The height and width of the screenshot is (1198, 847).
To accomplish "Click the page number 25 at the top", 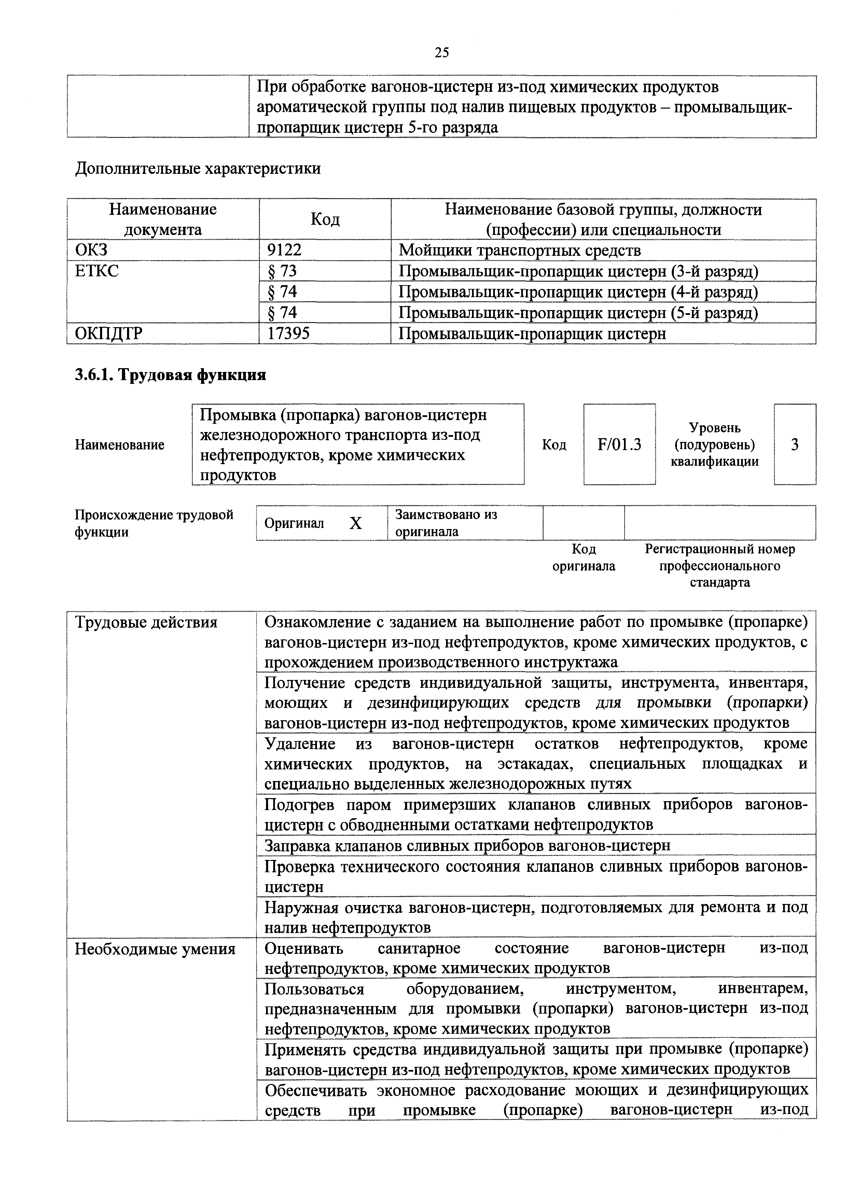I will point(441,52).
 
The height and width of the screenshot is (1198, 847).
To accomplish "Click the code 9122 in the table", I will point(284,250).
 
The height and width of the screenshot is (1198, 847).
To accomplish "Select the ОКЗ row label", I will point(91,250).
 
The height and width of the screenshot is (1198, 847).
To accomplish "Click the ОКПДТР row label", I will point(109,333).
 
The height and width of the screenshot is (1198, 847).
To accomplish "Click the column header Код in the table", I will point(325,219).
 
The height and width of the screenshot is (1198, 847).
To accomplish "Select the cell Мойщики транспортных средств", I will point(519,250).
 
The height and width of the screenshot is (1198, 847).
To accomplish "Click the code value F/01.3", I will point(620,445).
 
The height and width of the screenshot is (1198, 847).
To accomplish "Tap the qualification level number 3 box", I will point(795,445).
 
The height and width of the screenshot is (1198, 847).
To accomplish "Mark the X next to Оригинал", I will point(356,523).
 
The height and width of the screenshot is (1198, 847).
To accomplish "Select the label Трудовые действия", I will point(146,623).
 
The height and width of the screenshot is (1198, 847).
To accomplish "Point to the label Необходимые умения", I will point(155,949).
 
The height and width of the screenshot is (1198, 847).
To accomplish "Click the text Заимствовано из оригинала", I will point(446,523).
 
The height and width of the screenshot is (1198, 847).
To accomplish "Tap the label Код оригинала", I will point(584,557).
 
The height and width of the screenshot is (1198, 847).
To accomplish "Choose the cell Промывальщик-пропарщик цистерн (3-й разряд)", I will point(578,271).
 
